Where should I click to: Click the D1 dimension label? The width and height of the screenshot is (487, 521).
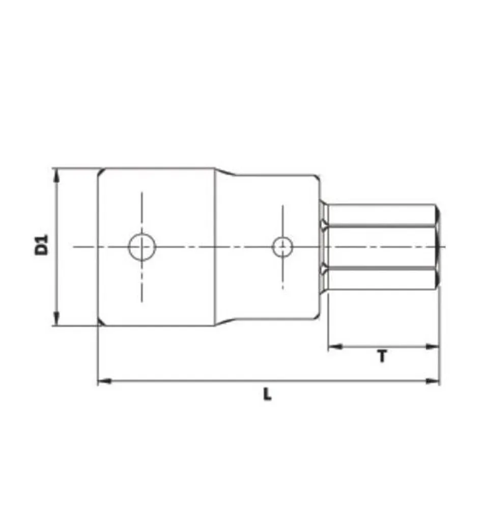coord(41,244)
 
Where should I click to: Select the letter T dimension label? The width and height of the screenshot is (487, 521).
coord(382,357)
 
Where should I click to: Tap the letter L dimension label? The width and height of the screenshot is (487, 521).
coord(267,394)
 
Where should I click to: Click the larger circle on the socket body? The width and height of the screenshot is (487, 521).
coord(141,247)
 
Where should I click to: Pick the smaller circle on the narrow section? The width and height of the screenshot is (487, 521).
coord(282,247)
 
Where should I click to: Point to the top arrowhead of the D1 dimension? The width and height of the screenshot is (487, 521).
coord(56,174)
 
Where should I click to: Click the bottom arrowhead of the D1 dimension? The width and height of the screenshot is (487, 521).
coord(56,320)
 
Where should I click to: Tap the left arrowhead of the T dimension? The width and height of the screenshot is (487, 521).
coord(334,347)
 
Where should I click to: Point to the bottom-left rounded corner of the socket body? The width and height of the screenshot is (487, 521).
coord(101,322)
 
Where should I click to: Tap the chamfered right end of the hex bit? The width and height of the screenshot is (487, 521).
coord(438,247)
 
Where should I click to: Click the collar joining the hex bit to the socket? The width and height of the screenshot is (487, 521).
coord(323,247)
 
